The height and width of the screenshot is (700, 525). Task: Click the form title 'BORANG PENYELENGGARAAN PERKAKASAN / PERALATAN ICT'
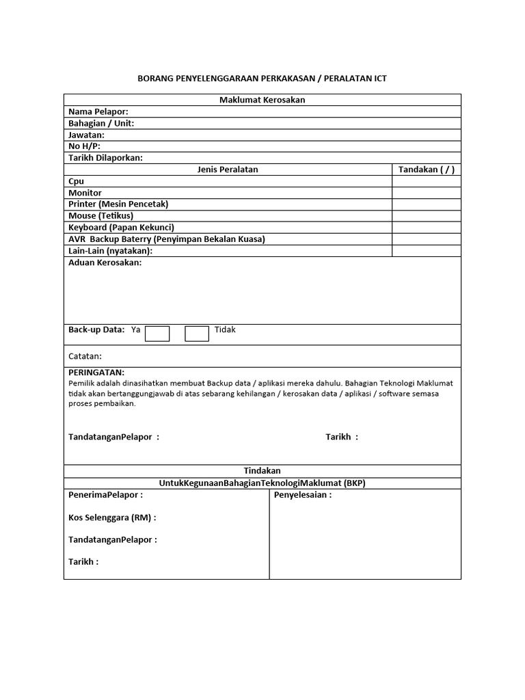[x=262, y=79]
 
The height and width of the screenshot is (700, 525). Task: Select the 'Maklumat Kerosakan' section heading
[x=262, y=100]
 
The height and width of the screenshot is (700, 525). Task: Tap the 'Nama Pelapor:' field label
[x=98, y=111]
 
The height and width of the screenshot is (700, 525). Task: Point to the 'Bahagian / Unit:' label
[x=101, y=123]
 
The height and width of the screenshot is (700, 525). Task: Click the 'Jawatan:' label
[x=86, y=135]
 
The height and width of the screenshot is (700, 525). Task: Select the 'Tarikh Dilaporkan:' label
[x=105, y=158]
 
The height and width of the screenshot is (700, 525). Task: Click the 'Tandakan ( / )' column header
[x=427, y=170]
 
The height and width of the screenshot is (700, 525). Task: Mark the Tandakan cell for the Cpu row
[x=427, y=181]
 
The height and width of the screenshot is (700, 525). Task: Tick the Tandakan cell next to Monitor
[x=427, y=193]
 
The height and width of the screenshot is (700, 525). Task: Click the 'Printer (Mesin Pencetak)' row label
[x=118, y=204]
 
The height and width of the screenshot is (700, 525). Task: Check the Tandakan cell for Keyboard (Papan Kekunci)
[x=427, y=228]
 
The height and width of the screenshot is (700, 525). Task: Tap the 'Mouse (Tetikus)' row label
[x=101, y=216]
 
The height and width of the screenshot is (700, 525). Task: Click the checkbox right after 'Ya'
[x=157, y=334]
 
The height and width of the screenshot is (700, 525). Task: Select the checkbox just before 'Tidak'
[x=197, y=334]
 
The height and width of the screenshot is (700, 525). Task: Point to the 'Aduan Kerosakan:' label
[x=105, y=263]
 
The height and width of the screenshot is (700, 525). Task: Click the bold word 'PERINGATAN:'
[x=96, y=373]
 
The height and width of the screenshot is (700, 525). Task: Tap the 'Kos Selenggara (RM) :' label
[x=112, y=517]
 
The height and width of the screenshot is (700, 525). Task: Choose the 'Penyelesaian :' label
[x=303, y=495]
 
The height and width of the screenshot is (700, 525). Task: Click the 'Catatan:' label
[x=85, y=356]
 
